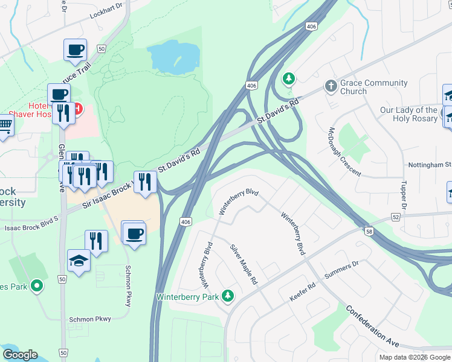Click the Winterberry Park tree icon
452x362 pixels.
coord(228,296)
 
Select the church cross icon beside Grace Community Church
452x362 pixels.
coord(330,86)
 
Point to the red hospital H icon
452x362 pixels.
coord(77,110)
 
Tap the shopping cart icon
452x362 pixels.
coord(4,126)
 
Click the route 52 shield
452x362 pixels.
coord(396,216)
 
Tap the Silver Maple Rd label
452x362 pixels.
coord(244,265)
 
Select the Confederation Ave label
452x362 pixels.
coord(372,325)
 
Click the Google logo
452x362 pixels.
coord(20,355)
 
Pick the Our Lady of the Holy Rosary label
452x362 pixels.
coord(408,114)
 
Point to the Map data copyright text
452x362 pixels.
coord(415,357)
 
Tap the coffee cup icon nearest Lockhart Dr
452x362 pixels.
coord(76,50)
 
